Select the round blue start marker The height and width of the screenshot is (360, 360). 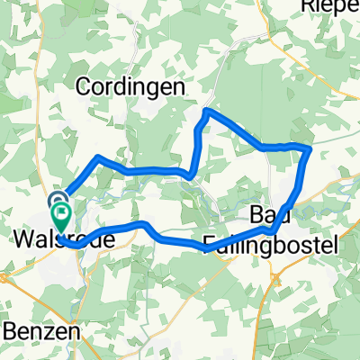click(58, 202)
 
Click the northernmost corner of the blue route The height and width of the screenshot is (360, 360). click(208, 110)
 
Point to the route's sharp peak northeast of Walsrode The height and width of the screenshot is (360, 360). click(98, 157)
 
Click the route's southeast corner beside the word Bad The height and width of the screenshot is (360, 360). click(270, 230)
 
